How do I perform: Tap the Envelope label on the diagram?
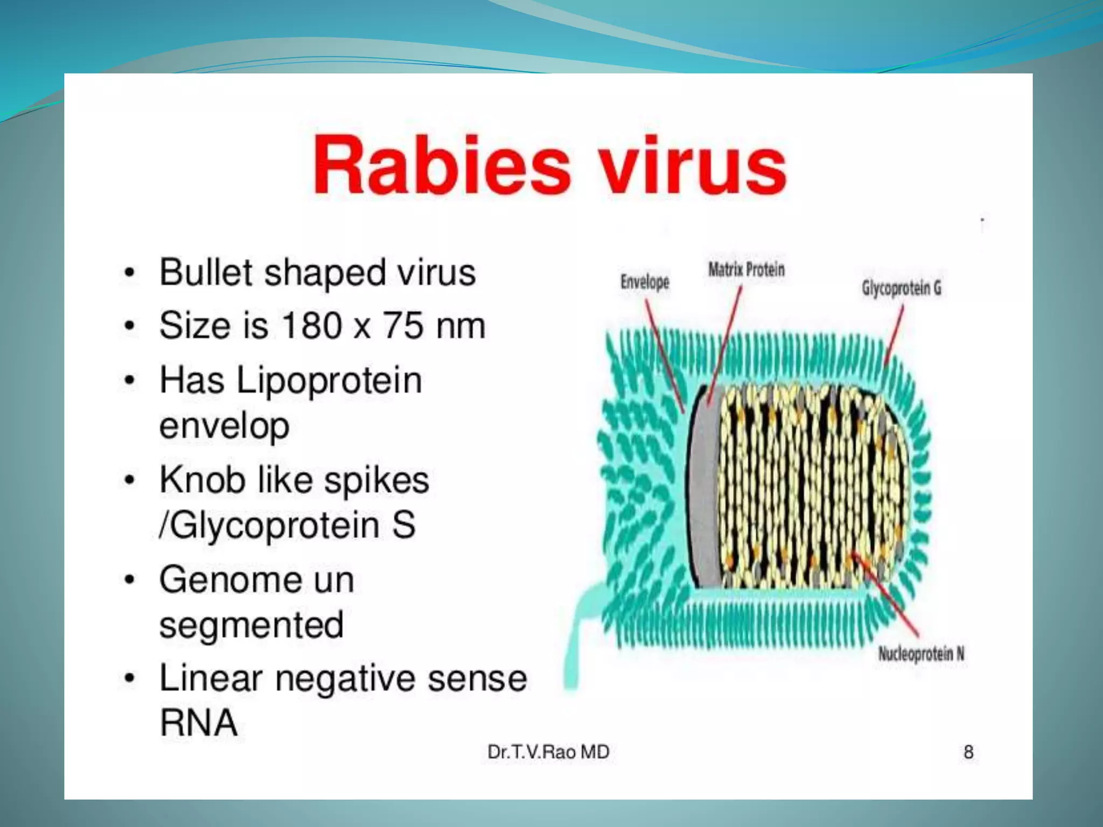(644, 282)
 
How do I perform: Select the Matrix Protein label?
(746, 269)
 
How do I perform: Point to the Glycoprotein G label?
(902, 288)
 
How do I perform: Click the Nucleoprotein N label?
(921, 654)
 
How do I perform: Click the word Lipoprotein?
(329, 381)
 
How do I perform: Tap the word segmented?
(251, 625)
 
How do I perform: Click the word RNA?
(198, 723)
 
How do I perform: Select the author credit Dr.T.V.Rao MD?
(548, 752)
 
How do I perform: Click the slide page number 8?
(968, 752)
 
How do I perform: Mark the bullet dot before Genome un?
(129, 580)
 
